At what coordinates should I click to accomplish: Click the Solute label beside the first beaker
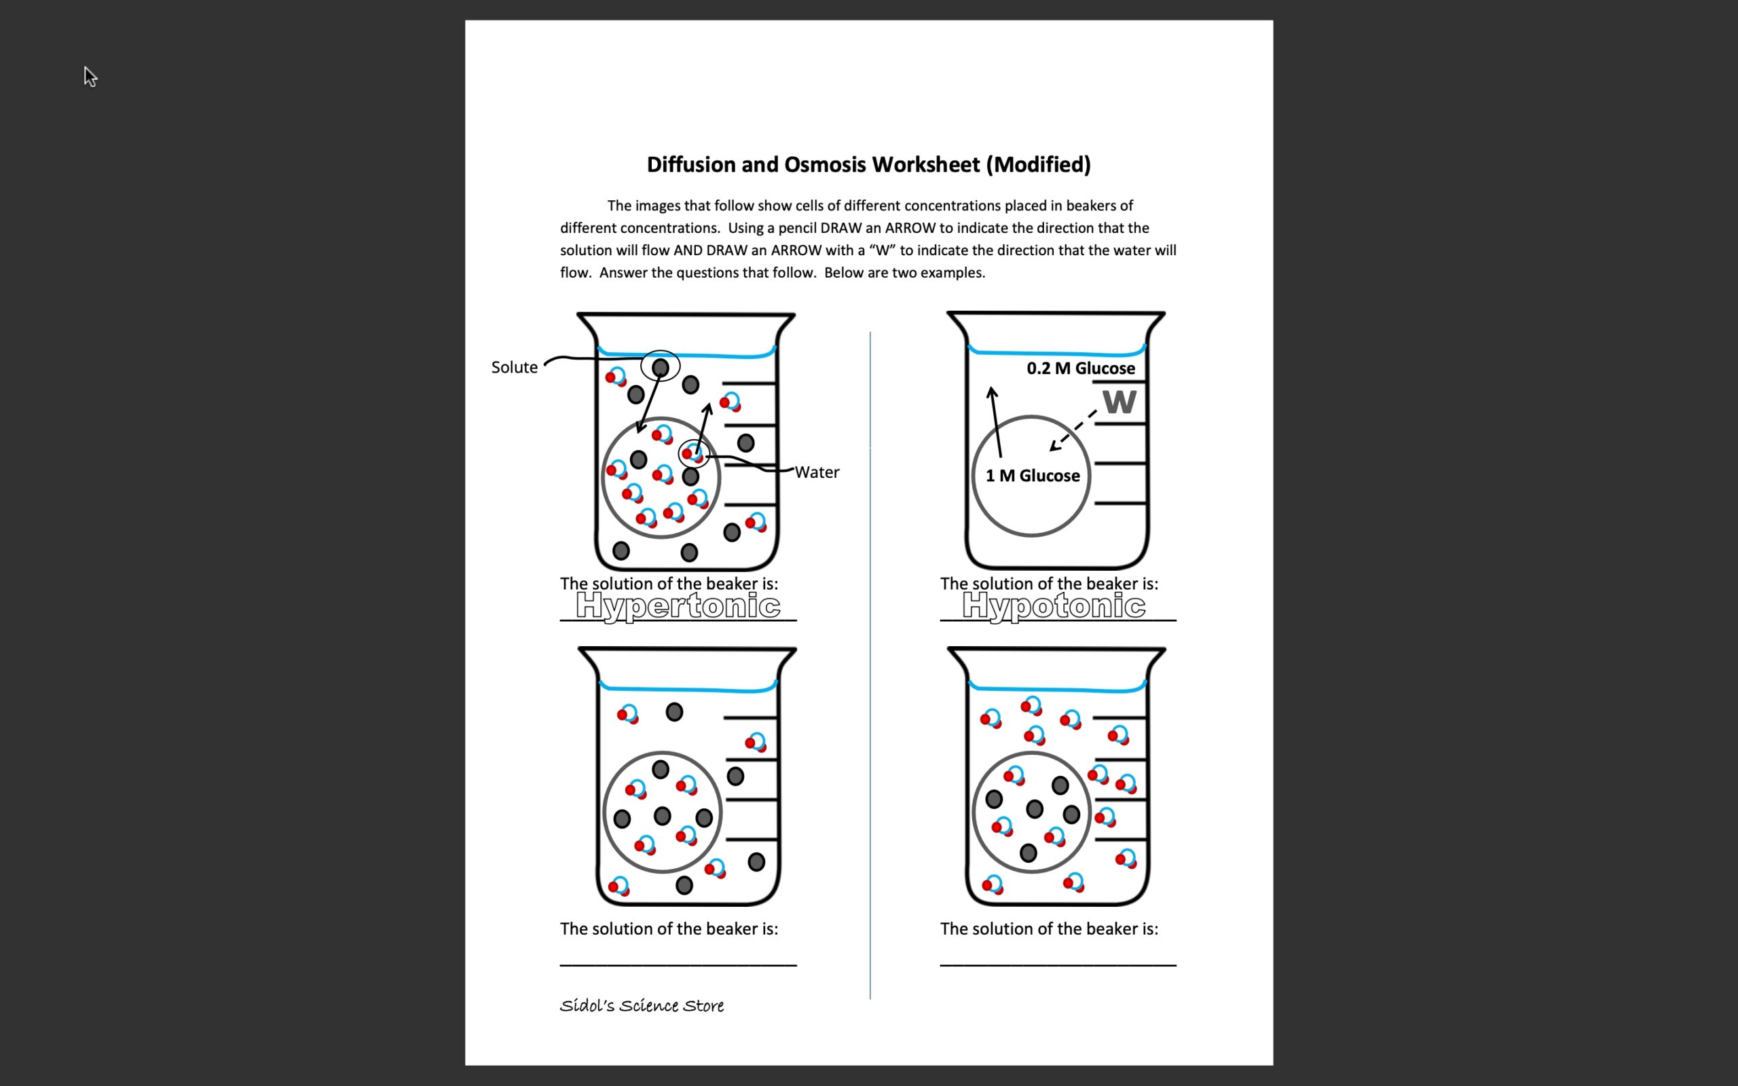(514, 367)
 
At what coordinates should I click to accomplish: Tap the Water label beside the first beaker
(817, 472)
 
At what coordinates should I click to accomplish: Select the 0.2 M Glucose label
(1080, 369)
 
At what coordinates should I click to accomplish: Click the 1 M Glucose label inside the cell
(1032, 476)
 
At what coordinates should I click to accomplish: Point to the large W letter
(1119, 402)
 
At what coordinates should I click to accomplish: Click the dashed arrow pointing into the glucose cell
(1073, 430)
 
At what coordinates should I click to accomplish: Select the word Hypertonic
(678, 606)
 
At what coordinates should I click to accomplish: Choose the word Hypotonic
(1054, 606)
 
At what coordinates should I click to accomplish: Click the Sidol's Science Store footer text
(642, 1005)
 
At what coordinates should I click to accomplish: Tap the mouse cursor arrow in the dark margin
(89, 75)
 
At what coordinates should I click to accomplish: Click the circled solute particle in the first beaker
(660, 367)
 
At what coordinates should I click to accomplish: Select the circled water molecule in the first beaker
(693, 454)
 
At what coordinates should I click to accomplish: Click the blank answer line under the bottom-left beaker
(678, 965)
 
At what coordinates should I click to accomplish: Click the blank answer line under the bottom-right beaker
(1057, 965)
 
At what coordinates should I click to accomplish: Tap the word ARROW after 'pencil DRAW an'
(910, 227)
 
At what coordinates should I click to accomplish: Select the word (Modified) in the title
(1038, 164)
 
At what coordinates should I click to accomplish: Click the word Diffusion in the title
(691, 164)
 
